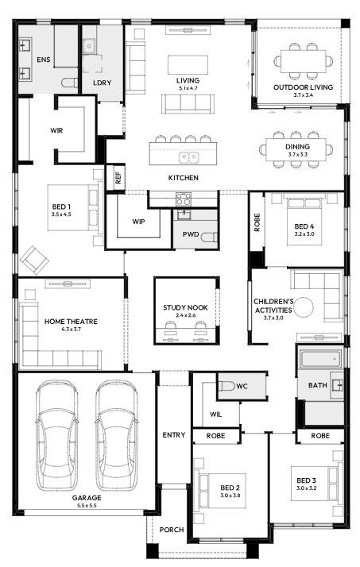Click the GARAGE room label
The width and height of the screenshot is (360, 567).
87,498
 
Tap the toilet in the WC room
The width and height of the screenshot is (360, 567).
226,386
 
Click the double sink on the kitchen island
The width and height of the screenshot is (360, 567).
189,158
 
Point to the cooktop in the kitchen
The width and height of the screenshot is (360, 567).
184,199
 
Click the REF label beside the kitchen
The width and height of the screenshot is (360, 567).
118,178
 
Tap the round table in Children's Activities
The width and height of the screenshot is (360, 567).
304,307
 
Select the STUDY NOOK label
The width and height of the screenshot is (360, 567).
185,308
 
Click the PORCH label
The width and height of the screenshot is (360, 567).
172,530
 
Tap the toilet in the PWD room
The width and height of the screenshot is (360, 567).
209,237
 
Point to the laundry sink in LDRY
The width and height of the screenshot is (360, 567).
89,46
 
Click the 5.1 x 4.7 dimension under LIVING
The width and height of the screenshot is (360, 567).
188,88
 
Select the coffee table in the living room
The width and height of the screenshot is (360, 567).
188,65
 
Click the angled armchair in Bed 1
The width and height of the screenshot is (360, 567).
34,260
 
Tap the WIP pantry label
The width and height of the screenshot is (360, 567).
138,222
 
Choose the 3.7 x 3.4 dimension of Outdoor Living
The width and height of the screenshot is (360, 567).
304,95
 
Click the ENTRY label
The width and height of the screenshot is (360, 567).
174,435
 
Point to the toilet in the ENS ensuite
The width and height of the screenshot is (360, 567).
69,83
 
